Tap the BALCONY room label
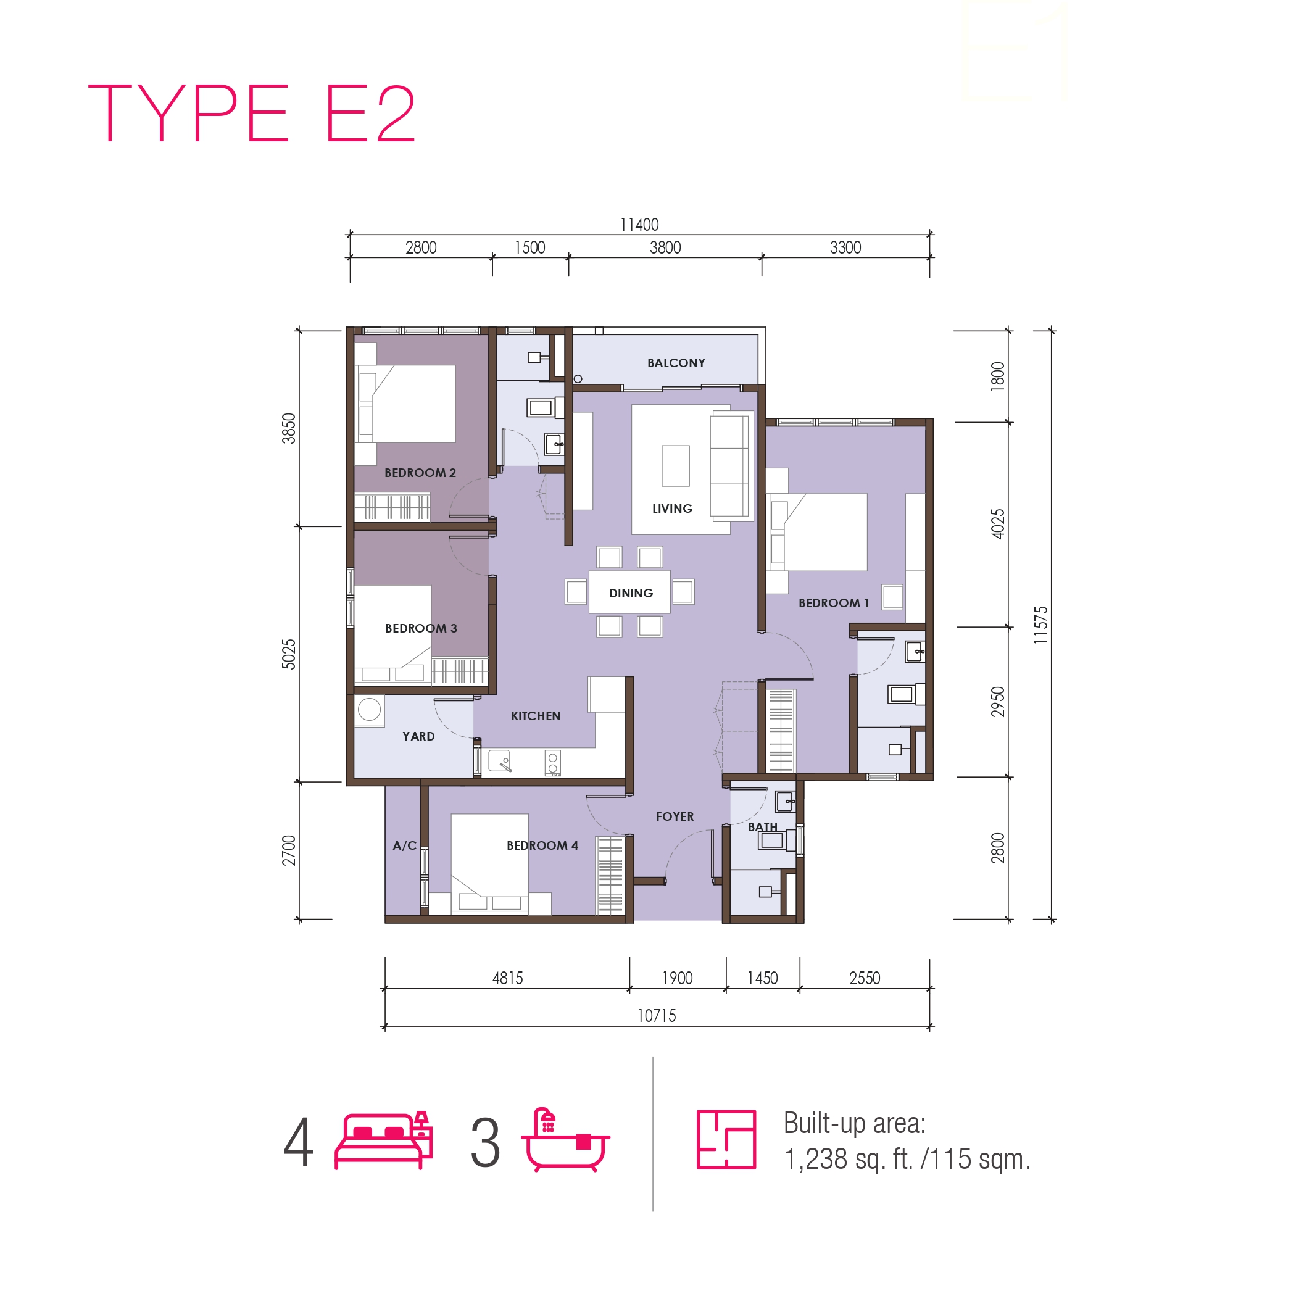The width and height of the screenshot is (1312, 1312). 676,363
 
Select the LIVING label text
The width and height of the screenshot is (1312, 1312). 671,509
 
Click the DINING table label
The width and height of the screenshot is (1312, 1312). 631,593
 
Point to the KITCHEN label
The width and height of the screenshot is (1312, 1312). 535,716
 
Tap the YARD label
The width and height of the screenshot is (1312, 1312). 418,736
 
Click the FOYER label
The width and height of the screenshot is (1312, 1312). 675,816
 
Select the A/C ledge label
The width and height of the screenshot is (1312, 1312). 404,845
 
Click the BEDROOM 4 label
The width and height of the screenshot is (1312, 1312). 542,845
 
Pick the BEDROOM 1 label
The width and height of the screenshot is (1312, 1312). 833,603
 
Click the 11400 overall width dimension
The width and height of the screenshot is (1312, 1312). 639,225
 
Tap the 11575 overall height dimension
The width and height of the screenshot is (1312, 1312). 1041,625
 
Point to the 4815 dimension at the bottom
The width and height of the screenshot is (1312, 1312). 507,978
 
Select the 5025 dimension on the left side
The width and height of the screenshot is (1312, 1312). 289,654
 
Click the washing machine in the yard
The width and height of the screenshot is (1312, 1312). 370,710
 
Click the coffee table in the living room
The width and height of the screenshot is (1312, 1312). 676,466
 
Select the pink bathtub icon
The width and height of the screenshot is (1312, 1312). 565,1140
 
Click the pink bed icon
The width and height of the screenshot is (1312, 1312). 384,1140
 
